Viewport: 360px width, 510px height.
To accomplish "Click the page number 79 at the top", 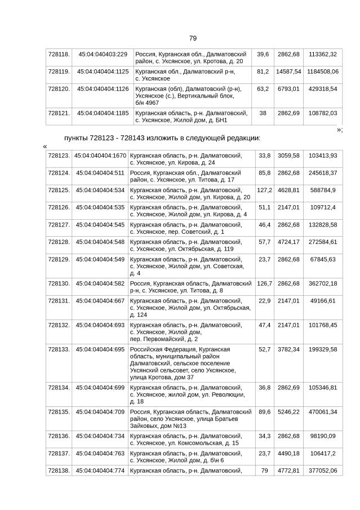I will pyautogui.click(x=193, y=38).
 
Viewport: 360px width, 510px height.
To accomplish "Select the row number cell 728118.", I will pyautogui.click(x=59, y=54).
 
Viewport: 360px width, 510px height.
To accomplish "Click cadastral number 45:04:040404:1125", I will pyautogui.click(x=103, y=72).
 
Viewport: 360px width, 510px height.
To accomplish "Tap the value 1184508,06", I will pyautogui.click(x=323, y=72).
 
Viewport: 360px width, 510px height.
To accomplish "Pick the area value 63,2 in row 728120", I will pyautogui.click(x=263, y=89).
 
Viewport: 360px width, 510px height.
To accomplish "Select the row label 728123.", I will pyautogui.click(x=59, y=156).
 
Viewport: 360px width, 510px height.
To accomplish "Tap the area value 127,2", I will pyautogui.click(x=264, y=190).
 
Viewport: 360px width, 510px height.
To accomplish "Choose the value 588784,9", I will pyautogui.click(x=323, y=190).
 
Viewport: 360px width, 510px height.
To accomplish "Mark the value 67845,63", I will pyautogui.click(x=323, y=259).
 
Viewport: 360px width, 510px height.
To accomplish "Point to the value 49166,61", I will pyautogui.click(x=323, y=300).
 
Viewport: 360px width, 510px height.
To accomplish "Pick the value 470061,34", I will pyautogui.click(x=323, y=412).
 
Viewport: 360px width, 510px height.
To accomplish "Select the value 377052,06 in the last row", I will pyautogui.click(x=323, y=471).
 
